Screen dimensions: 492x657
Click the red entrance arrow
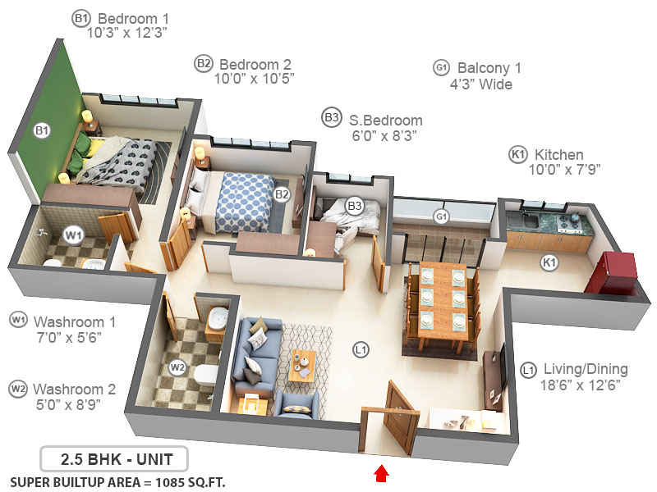[379, 473]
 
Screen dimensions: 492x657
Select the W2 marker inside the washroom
[177, 368]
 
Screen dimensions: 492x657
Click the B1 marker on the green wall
[42, 130]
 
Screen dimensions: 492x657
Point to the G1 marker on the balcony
[441, 216]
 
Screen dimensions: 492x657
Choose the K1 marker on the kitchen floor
[548, 262]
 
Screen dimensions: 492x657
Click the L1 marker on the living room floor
[360, 350]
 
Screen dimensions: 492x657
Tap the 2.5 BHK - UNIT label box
[113, 458]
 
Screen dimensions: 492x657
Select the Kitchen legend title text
[558, 155]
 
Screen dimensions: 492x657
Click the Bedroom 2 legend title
[255, 64]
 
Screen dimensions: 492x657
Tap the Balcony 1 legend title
[489, 68]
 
